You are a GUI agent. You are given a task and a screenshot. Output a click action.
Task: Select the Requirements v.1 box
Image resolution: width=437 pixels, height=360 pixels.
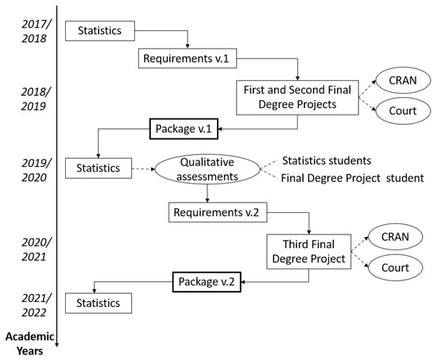[188, 59]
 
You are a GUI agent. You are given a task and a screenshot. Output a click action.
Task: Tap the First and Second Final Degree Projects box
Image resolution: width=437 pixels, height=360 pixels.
[297, 95]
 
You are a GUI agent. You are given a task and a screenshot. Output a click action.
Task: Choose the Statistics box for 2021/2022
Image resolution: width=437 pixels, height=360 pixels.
[99, 303]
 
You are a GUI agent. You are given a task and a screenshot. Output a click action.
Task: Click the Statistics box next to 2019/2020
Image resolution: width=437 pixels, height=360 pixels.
[99, 168]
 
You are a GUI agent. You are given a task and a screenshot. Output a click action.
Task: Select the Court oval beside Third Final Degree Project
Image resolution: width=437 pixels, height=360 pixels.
[395, 269]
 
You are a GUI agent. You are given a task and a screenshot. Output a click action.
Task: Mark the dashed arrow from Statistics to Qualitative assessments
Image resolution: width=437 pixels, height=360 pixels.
[142, 168]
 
